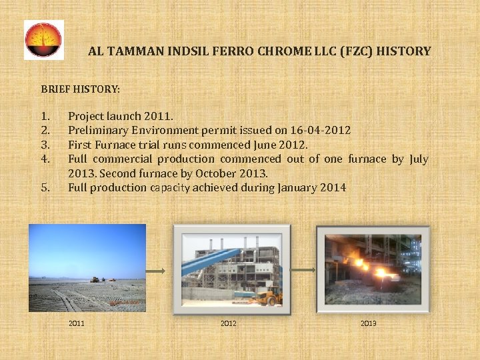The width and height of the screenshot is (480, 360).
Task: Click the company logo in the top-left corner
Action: [x=44, y=40]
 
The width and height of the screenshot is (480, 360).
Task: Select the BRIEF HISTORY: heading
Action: [x=81, y=88]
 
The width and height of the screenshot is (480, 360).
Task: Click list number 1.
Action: [x=45, y=116]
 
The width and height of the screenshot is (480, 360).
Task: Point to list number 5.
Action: [x=45, y=187]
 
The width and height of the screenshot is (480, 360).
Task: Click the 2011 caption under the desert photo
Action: [x=77, y=323]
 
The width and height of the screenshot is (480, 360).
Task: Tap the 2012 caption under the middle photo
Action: [x=229, y=323]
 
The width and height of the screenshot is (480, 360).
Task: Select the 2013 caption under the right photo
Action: [x=368, y=323]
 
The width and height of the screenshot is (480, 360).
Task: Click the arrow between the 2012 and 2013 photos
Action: [x=303, y=270]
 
